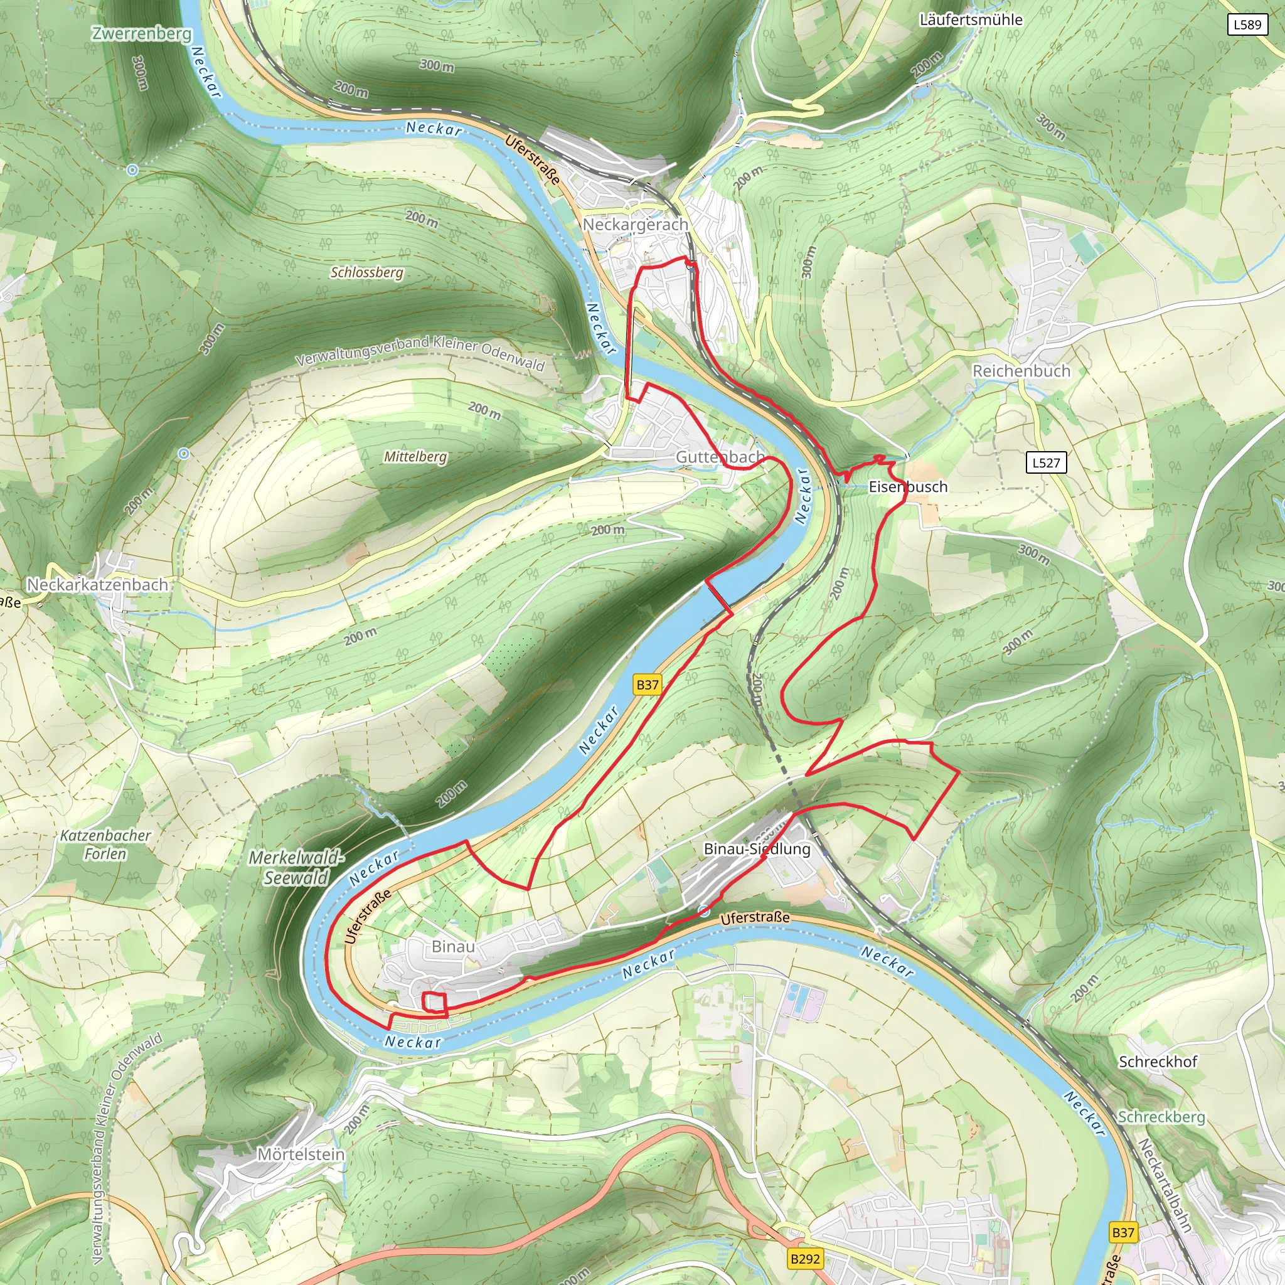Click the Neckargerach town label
point(635,225)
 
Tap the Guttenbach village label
point(720,457)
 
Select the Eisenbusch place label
point(908,487)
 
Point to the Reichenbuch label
point(1021,371)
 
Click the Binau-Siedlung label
point(757,849)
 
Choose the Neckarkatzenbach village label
point(97,585)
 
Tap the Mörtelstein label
point(301,1154)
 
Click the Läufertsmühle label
point(971,20)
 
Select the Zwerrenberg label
point(142,33)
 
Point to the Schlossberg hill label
point(367,273)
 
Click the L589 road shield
point(1247,24)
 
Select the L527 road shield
point(1046,462)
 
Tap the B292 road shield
point(805,1259)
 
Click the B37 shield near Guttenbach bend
point(647,685)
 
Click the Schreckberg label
point(1161,1117)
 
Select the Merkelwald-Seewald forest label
point(297,868)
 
